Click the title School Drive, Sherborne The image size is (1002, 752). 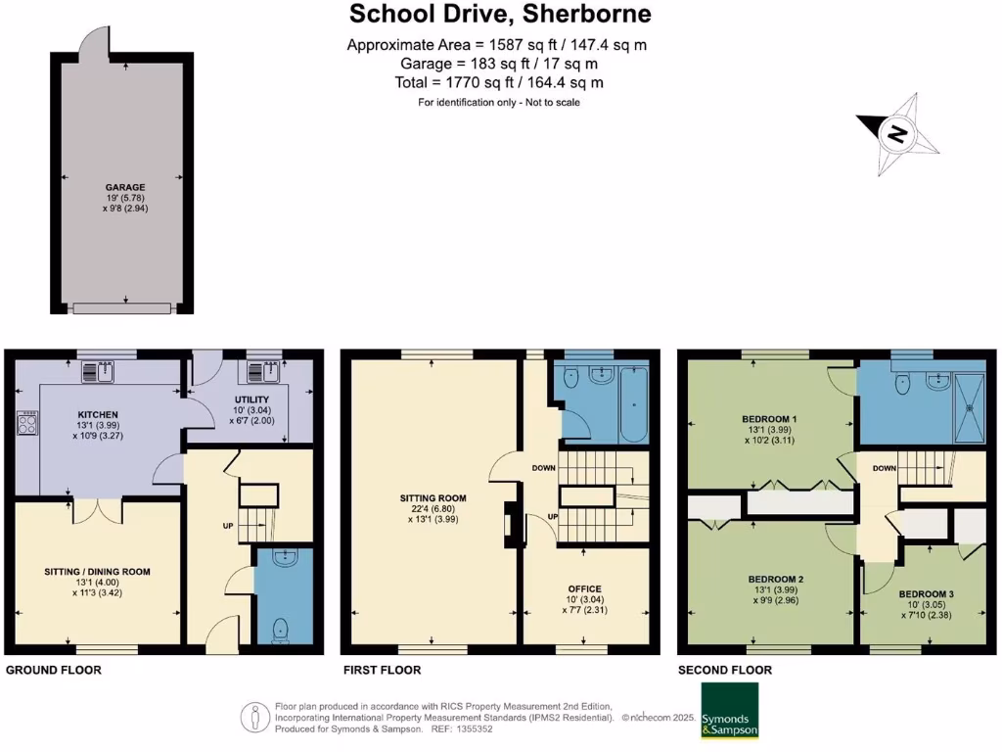[x=500, y=15]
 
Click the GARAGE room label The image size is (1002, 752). [x=125, y=187]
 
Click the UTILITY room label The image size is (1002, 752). [x=251, y=399]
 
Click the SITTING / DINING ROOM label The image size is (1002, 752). [x=97, y=571]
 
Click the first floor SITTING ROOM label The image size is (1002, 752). [x=433, y=498]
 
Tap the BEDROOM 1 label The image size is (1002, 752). [x=768, y=419]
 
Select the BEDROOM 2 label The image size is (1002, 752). [x=768, y=578]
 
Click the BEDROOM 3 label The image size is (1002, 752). [x=925, y=594]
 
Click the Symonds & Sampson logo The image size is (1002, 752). [x=729, y=723]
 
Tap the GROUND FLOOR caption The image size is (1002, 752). [x=54, y=671]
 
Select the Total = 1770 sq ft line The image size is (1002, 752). [x=499, y=83]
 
